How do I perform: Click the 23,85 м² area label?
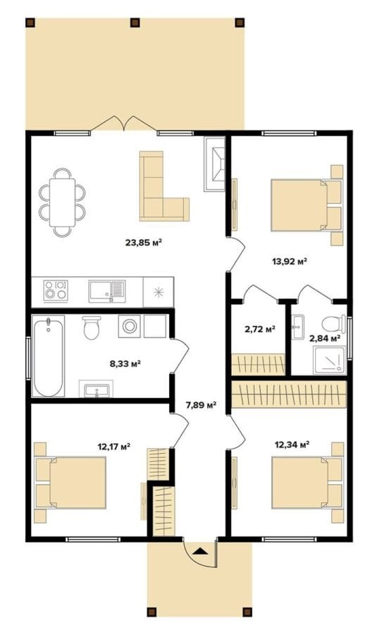pos(144,243)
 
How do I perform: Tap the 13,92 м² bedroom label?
pos(290,261)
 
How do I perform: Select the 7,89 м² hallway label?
pos(201,404)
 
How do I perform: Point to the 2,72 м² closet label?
pos(260,329)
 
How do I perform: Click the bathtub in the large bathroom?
pos(49,356)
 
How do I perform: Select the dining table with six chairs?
pos(62,202)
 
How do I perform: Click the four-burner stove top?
pos(56,290)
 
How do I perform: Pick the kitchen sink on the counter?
pos(107,291)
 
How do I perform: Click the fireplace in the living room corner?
pos(215,164)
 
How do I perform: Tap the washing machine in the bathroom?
pos(130,326)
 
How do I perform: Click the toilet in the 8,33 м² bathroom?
pos(92,327)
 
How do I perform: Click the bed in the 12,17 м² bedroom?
pos(70,483)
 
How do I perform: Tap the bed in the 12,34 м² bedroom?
pos(307,483)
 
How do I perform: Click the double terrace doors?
pos(123,123)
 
